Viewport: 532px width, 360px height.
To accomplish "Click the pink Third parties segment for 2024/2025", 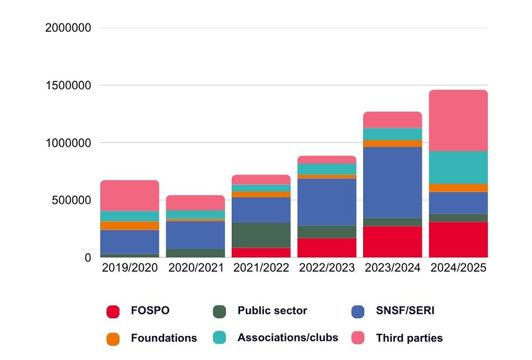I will point(458,121).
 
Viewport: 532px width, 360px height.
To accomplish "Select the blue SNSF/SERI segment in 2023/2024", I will point(393,182).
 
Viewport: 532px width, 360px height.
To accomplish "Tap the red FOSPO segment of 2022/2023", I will point(327,248).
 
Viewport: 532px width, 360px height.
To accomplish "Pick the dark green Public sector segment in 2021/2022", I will point(261,235).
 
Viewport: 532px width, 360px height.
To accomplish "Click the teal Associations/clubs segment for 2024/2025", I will point(458,168).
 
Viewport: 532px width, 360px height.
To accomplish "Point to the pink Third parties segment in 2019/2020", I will point(130,196).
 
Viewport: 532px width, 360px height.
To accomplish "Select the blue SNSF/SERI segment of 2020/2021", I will point(195,235).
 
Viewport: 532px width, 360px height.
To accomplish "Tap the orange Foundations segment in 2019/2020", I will point(130,225).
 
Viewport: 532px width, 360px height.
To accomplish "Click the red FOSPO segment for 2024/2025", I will point(458,240).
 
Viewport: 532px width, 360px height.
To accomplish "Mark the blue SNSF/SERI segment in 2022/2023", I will point(327,202).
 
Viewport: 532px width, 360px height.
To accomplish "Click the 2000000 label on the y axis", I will point(68,28).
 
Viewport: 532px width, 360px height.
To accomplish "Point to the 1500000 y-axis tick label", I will point(68,85).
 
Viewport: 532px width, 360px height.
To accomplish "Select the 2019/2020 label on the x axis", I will point(130,268).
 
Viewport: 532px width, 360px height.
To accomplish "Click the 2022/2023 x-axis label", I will point(327,268).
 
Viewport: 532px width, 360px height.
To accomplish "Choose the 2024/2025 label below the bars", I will point(458,268).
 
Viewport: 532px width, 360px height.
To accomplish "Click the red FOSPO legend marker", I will point(112,312).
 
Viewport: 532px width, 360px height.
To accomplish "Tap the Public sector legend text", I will point(272,311).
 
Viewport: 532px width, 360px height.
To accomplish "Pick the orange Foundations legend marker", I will point(112,339).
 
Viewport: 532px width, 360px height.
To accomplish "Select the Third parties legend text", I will point(409,338).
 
